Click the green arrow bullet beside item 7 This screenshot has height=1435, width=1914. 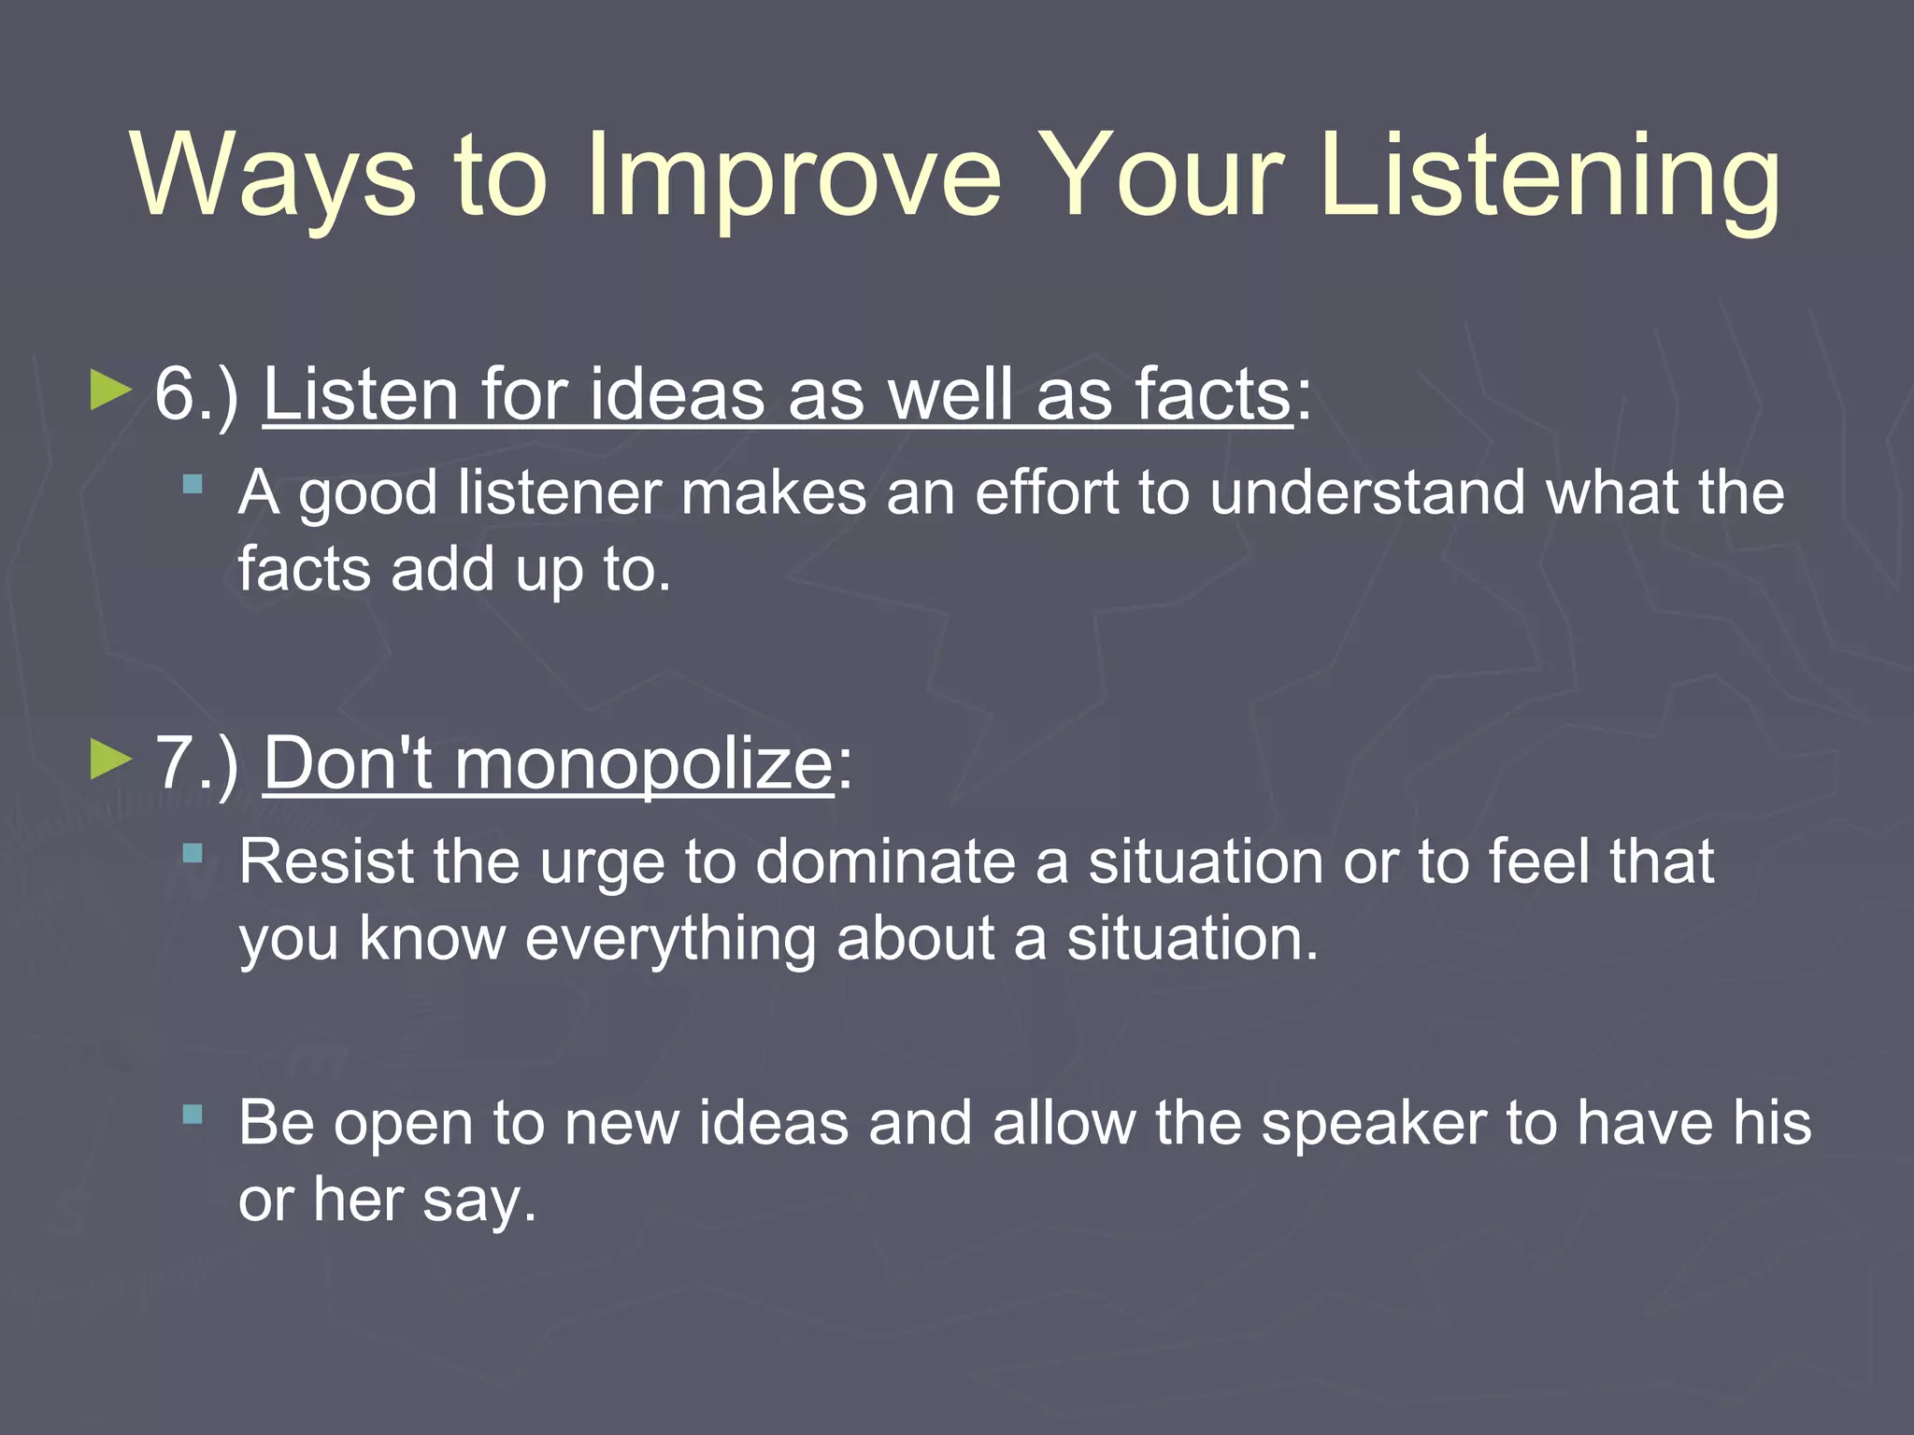(111, 760)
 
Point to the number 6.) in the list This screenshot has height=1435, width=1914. (197, 395)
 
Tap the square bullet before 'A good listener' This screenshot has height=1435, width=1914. (193, 484)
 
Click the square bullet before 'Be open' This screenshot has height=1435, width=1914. (193, 1114)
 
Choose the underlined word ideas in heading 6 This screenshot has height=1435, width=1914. (677, 395)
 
